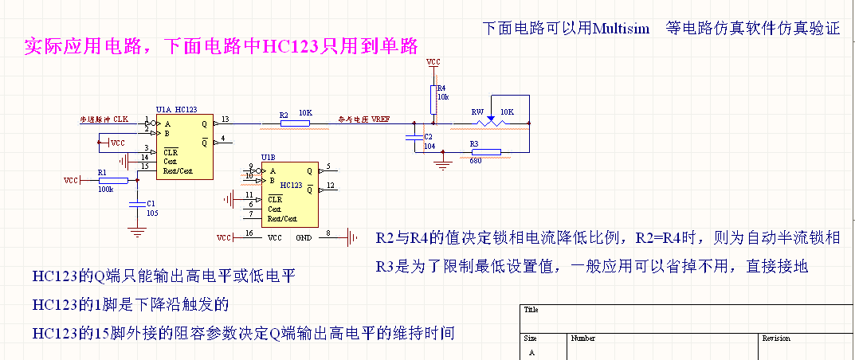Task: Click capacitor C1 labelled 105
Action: click(x=137, y=203)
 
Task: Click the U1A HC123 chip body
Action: click(x=184, y=147)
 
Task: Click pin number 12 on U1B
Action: click(x=330, y=186)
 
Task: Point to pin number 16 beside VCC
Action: click(x=249, y=233)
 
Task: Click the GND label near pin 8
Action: click(x=304, y=238)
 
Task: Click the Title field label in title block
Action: click(x=532, y=310)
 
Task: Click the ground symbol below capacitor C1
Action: click(x=137, y=232)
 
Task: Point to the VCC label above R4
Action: click(x=433, y=61)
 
